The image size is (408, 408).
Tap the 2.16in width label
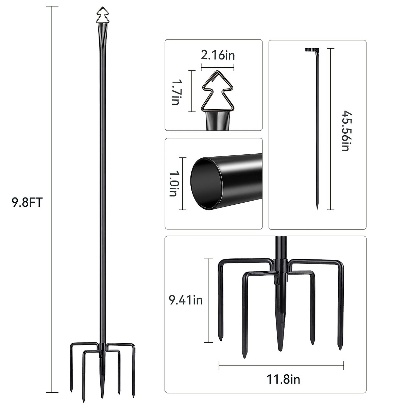218,55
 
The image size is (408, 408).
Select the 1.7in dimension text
175,92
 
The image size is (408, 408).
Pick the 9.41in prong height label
186,300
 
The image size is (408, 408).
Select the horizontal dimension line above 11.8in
281,366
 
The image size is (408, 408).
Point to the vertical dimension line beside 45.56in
330,129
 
